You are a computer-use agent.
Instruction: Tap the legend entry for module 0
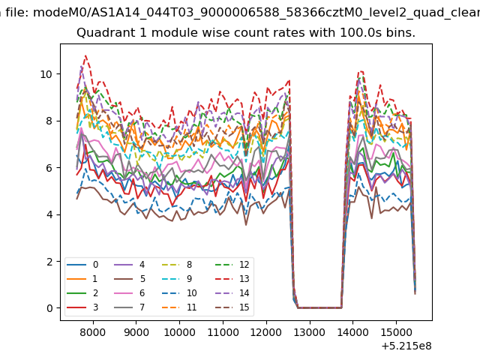point(82,265)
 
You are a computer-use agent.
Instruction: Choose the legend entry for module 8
point(177,265)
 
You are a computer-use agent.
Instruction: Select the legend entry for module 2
point(82,293)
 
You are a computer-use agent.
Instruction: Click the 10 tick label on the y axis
point(46,74)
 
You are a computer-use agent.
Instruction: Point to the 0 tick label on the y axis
point(49,308)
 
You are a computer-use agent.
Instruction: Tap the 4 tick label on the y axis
point(49,214)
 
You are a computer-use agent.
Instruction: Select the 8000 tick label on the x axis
point(93,332)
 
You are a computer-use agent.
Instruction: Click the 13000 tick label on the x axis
point(309,332)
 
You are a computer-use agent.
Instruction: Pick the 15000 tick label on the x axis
point(396,332)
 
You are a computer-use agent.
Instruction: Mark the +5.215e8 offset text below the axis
point(406,346)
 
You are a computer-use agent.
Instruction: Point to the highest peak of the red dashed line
point(85,55)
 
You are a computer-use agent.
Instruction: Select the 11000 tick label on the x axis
point(223,332)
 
